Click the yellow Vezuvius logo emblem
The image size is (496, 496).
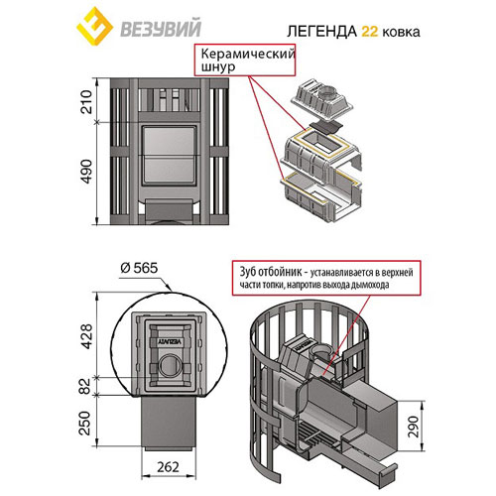coord(94,28)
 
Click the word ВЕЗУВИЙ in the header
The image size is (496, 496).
coord(161,29)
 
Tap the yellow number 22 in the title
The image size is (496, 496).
coord(369,32)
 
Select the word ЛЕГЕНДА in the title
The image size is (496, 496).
coord(322,32)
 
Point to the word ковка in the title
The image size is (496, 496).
coord(401,33)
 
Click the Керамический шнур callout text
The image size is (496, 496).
coord(248,60)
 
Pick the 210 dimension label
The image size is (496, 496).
coord(86,101)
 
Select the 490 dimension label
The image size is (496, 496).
coord(86,172)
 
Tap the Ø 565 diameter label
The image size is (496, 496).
coord(139,268)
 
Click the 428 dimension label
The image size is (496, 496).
coord(86,336)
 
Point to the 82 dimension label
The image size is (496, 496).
coord(85,386)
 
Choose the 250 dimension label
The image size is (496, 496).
coord(85,423)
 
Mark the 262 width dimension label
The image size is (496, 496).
coord(168,466)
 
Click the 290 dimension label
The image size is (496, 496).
coord(414,427)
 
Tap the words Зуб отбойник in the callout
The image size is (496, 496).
coord(271,272)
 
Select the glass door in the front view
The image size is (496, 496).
coord(169,156)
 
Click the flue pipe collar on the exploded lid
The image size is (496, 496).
coord(327,91)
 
